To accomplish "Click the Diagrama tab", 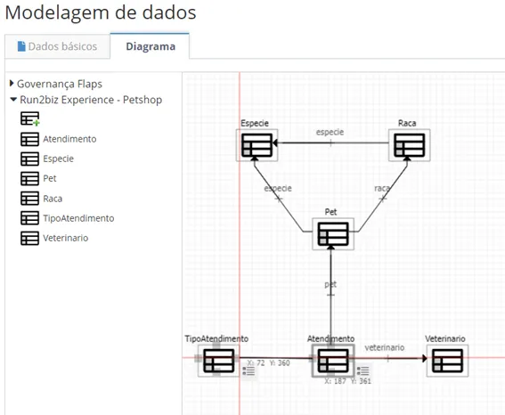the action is click(x=151, y=46).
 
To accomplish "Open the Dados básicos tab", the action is click(x=57, y=46).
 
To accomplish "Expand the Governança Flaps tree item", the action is click(x=12, y=84).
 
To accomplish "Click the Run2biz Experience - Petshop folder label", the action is click(x=91, y=100).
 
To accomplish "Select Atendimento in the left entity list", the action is click(x=69, y=139).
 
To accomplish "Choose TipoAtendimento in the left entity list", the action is click(x=78, y=218).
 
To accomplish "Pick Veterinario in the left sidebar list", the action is click(x=66, y=238).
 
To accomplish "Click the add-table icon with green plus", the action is click(x=30, y=118).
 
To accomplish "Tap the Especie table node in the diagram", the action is click(x=257, y=145).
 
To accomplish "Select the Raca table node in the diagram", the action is click(x=410, y=145).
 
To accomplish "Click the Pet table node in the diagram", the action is click(x=333, y=234).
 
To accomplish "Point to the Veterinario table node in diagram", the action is click(x=447, y=361).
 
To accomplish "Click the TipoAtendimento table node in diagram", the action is click(x=219, y=361).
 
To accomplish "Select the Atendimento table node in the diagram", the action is click(x=333, y=361).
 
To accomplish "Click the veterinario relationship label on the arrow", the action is click(x=385, y=347).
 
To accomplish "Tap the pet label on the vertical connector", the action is click(x=330, y=285).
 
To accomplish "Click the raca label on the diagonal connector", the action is click(x=382, y=188).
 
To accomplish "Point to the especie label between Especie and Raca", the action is click(x=330, y=133).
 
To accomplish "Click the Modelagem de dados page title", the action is click(x=101, y=12).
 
